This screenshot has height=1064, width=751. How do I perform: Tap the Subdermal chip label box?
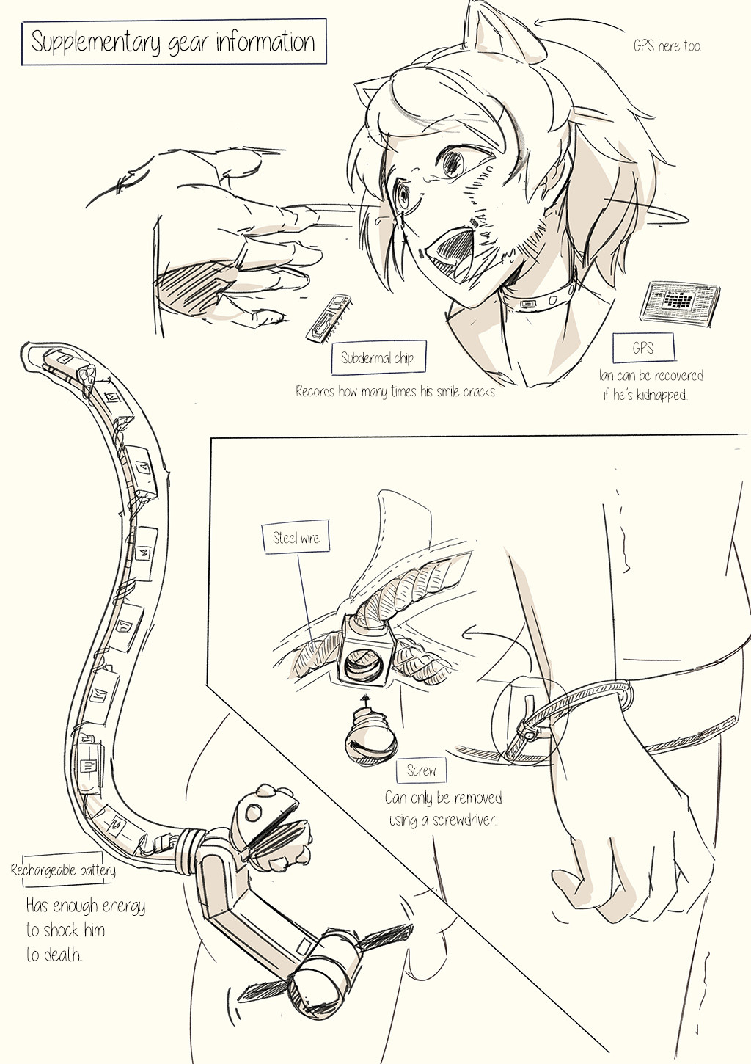pos(377,357)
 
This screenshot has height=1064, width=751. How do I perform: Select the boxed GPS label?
pos(642,348)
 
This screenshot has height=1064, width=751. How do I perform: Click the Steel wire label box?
pos(296,537)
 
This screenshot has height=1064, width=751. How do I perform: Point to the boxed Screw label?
pos(421,770)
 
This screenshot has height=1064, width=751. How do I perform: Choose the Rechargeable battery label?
pos(63,870)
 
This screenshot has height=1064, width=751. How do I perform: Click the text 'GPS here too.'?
pos(667,45)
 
